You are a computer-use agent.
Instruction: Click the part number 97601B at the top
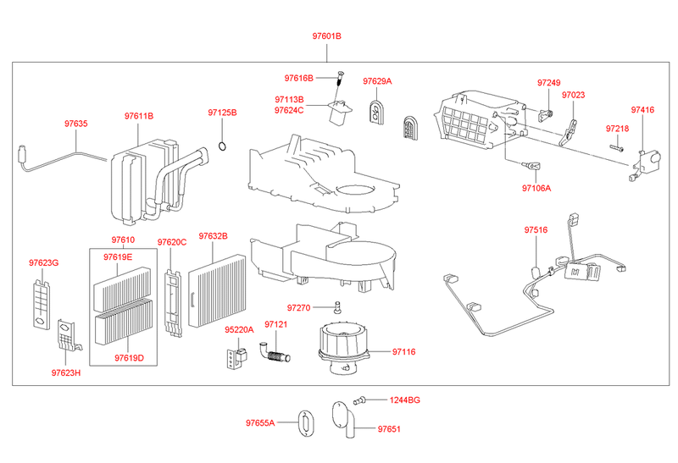tap(325, 37)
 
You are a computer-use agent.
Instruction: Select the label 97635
tap(75, 124)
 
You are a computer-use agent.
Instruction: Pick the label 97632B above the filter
tap(214, 236)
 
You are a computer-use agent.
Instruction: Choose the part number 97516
tap(536, 229)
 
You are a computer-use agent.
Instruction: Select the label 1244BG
tap(404, 400)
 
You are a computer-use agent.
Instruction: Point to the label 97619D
tap(129, 358)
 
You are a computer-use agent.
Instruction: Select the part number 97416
tap(642, 111)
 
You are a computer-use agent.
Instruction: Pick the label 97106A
tap(536, 188)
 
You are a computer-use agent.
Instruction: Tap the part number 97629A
tap(377, 81)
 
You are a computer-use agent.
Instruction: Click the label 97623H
tap(65, 372)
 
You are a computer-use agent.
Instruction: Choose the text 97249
tap(549, 83)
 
